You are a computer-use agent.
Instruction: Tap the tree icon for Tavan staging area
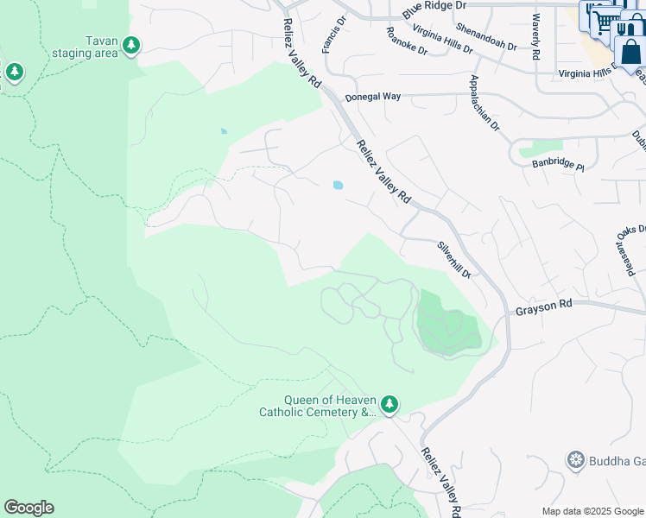[x=130, y=45]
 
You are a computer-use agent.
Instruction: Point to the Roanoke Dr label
[x=407, y=41]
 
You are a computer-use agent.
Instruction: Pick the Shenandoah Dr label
[x=486, y=37]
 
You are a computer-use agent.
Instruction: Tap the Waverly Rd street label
[x=536, y=36]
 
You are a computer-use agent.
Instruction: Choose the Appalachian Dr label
[x=484, y=103]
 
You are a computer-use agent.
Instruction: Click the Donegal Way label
[x=373, y=98]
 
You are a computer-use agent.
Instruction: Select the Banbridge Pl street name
[x=557, y=163]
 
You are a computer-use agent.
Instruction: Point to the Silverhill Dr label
[x=453, y=259]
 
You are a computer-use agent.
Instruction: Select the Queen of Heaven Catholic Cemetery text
[x=319, y=406]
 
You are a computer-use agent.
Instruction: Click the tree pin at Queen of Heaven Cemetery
[x=389, y=403]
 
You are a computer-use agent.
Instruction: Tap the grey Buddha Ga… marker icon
[x=575, y=460]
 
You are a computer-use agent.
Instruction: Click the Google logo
[x=28, y=508]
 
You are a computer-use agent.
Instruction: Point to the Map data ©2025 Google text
[x=592, y=511]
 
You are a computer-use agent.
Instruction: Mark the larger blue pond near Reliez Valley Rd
[x=337, y=184]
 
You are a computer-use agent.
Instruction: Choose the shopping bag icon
[x=630, y=51]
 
